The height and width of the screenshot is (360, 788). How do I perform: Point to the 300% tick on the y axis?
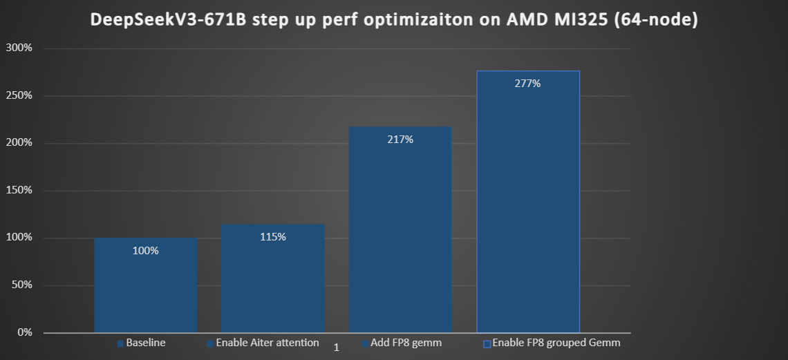point(19,48)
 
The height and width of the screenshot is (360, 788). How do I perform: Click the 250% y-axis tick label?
point(19,95)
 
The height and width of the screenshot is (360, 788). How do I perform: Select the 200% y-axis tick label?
point(19,143)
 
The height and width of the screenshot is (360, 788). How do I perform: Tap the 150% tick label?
point(19,191)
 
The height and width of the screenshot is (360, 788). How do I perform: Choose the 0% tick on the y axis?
point(24,333)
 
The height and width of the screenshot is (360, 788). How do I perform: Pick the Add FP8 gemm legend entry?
point(402,343)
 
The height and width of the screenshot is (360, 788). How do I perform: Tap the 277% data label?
point(528,84)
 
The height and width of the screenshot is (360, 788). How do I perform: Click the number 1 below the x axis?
point(337,348)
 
